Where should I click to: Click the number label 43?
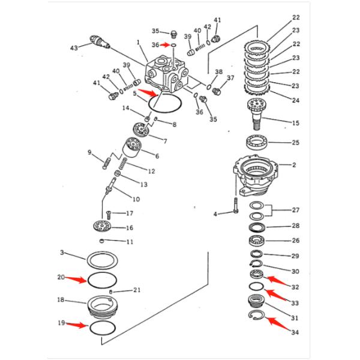point(74,47)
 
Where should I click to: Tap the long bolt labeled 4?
point(236,204)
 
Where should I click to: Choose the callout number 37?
point(229,78)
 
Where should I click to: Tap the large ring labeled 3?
point(103,261)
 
